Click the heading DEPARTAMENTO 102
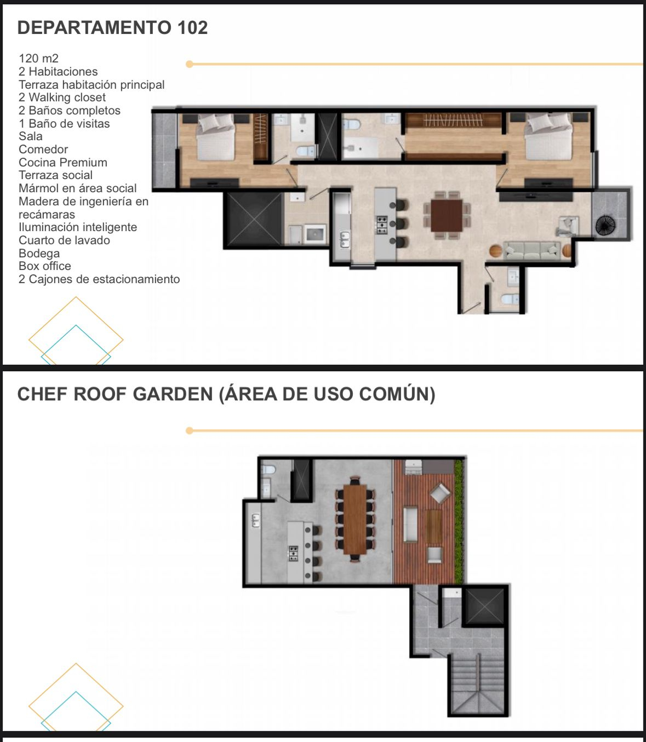pos(112,27)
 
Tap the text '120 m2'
pos(38,59)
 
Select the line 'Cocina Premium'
pos(63,163)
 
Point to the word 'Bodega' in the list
pos(39,253)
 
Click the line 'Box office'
pos(44,266)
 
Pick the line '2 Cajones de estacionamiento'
pos(99,279)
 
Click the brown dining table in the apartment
pos(447,215)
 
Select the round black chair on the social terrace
pos(605,225)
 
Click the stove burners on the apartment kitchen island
pos(381,225)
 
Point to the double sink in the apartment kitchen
pos(345,239)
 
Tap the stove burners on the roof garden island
pos(294,553)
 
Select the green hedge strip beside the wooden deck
pos(459,521)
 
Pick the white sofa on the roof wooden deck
pos(410,524)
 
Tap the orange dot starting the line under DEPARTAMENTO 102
pos(189,64)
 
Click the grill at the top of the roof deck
pos(413,467)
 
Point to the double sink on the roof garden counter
pos(255,520)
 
